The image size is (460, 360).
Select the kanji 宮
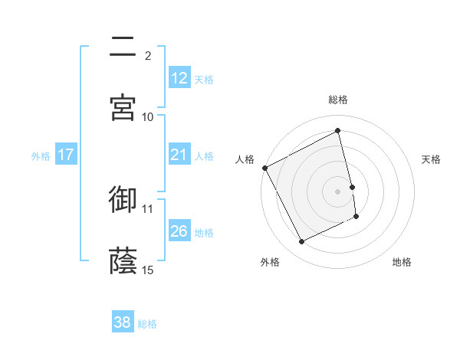123,107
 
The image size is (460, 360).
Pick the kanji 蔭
123,260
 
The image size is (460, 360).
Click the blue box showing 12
179,78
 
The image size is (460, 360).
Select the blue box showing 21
179,155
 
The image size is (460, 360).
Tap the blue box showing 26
179,231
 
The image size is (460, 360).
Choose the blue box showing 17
66,155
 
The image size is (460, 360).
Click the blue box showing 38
123,322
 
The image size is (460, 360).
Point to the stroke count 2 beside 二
148,55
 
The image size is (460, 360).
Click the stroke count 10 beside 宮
148,116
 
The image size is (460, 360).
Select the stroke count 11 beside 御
148,208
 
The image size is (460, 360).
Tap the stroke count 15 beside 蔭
148,270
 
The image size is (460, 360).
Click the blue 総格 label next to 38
147,324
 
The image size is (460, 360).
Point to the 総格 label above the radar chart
338,100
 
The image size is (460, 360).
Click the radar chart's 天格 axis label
432,159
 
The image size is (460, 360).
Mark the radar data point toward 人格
265,168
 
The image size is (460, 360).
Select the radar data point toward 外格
302,242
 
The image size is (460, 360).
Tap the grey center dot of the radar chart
338,191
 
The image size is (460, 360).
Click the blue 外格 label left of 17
41,155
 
